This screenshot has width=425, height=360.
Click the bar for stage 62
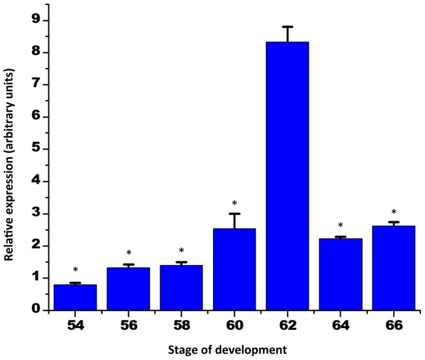[288, 176]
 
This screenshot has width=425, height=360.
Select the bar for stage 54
[75, 297]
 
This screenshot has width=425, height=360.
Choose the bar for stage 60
[234, 269]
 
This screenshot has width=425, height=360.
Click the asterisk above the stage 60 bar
[234, 204]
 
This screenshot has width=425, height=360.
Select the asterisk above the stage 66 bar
[394, 213]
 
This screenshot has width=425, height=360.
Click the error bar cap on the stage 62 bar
[288, 27]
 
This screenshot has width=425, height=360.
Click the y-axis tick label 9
[37, 20]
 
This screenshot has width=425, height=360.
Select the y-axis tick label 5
[37, 149]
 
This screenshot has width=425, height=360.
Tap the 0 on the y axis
[37, 310]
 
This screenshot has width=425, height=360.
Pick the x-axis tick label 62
[288, 325]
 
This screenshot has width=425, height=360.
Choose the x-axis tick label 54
[75, 325]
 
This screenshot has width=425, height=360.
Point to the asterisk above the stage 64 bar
[341, 226]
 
